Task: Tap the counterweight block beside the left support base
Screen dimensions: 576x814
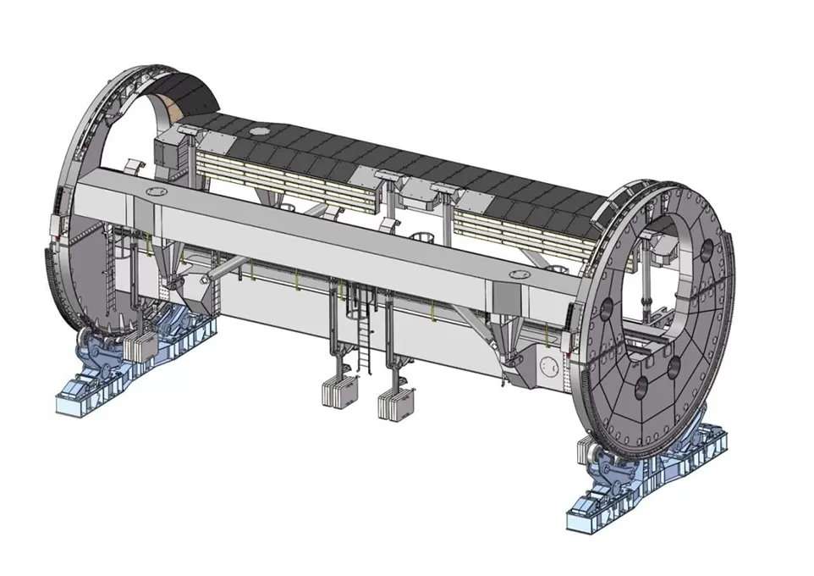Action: (140, 345)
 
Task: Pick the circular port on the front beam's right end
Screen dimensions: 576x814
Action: (518, 274)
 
